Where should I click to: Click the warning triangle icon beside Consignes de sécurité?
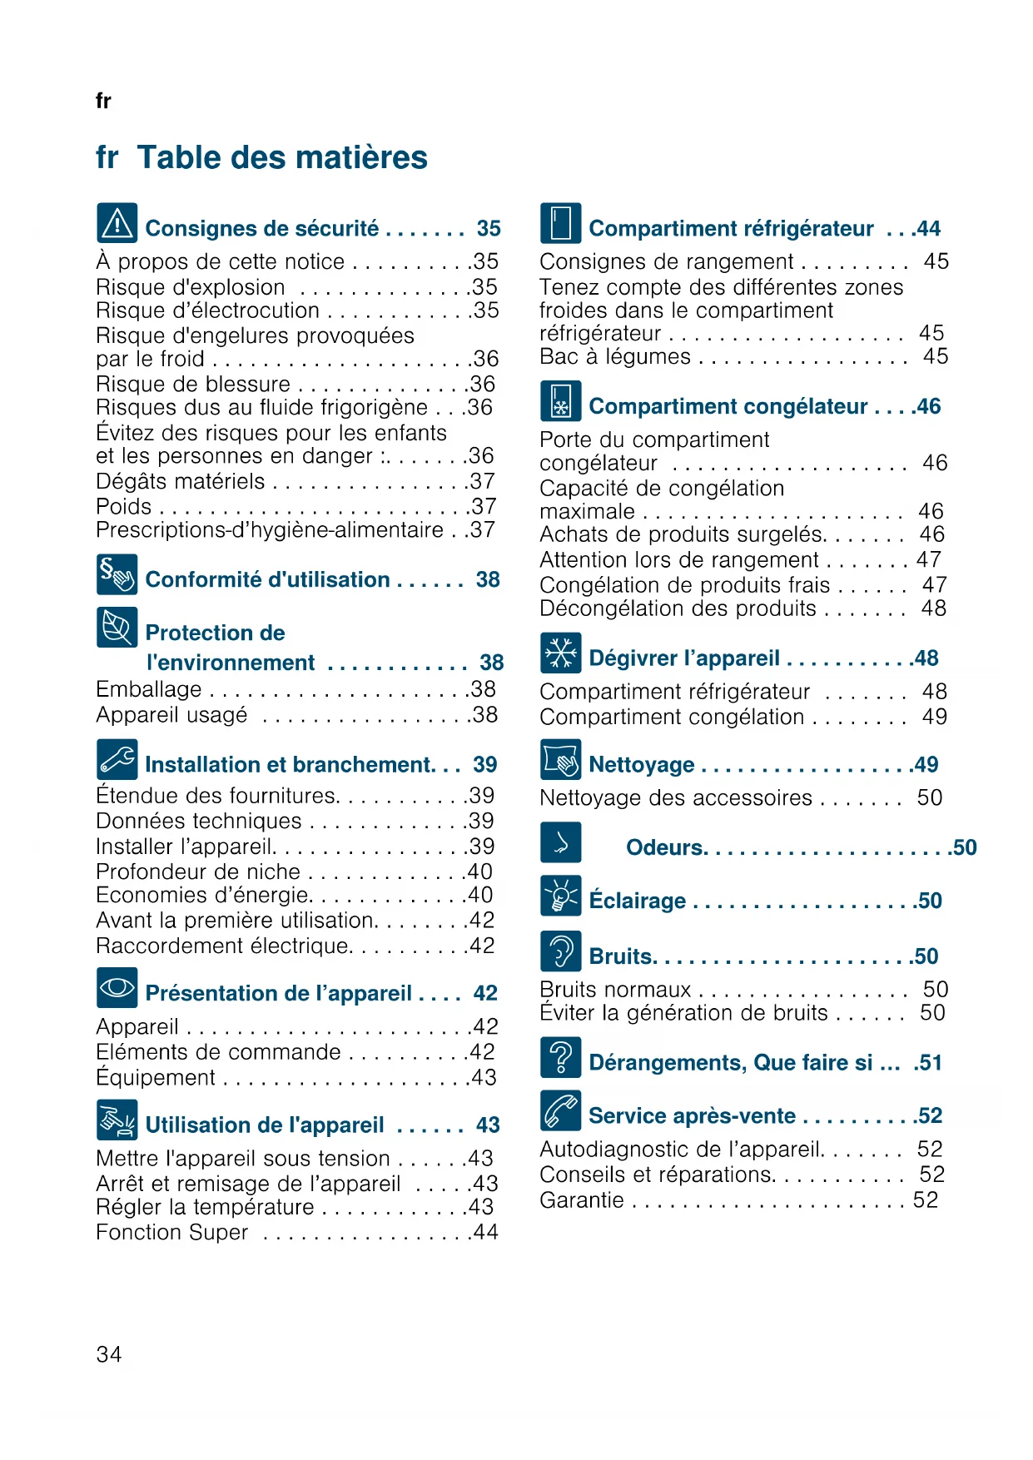117,223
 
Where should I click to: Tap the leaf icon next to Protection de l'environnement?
117,628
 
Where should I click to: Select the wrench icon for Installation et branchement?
117,759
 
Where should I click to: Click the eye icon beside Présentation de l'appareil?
117,988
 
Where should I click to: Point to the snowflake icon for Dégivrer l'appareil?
560,653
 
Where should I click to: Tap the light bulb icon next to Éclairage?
560,896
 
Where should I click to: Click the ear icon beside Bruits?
560,951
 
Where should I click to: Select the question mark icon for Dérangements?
560,1057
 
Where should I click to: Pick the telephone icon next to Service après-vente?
560,1110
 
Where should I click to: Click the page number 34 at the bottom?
109,1354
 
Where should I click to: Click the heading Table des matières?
282,157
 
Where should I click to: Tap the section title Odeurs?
665,847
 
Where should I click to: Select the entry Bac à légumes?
615,357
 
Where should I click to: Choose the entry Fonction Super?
172,1232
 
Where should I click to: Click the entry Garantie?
582,1200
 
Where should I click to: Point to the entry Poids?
124,506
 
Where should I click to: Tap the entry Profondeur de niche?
198,872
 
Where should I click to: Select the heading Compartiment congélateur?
728,406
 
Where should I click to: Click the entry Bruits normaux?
615,990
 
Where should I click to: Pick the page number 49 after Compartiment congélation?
935,717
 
